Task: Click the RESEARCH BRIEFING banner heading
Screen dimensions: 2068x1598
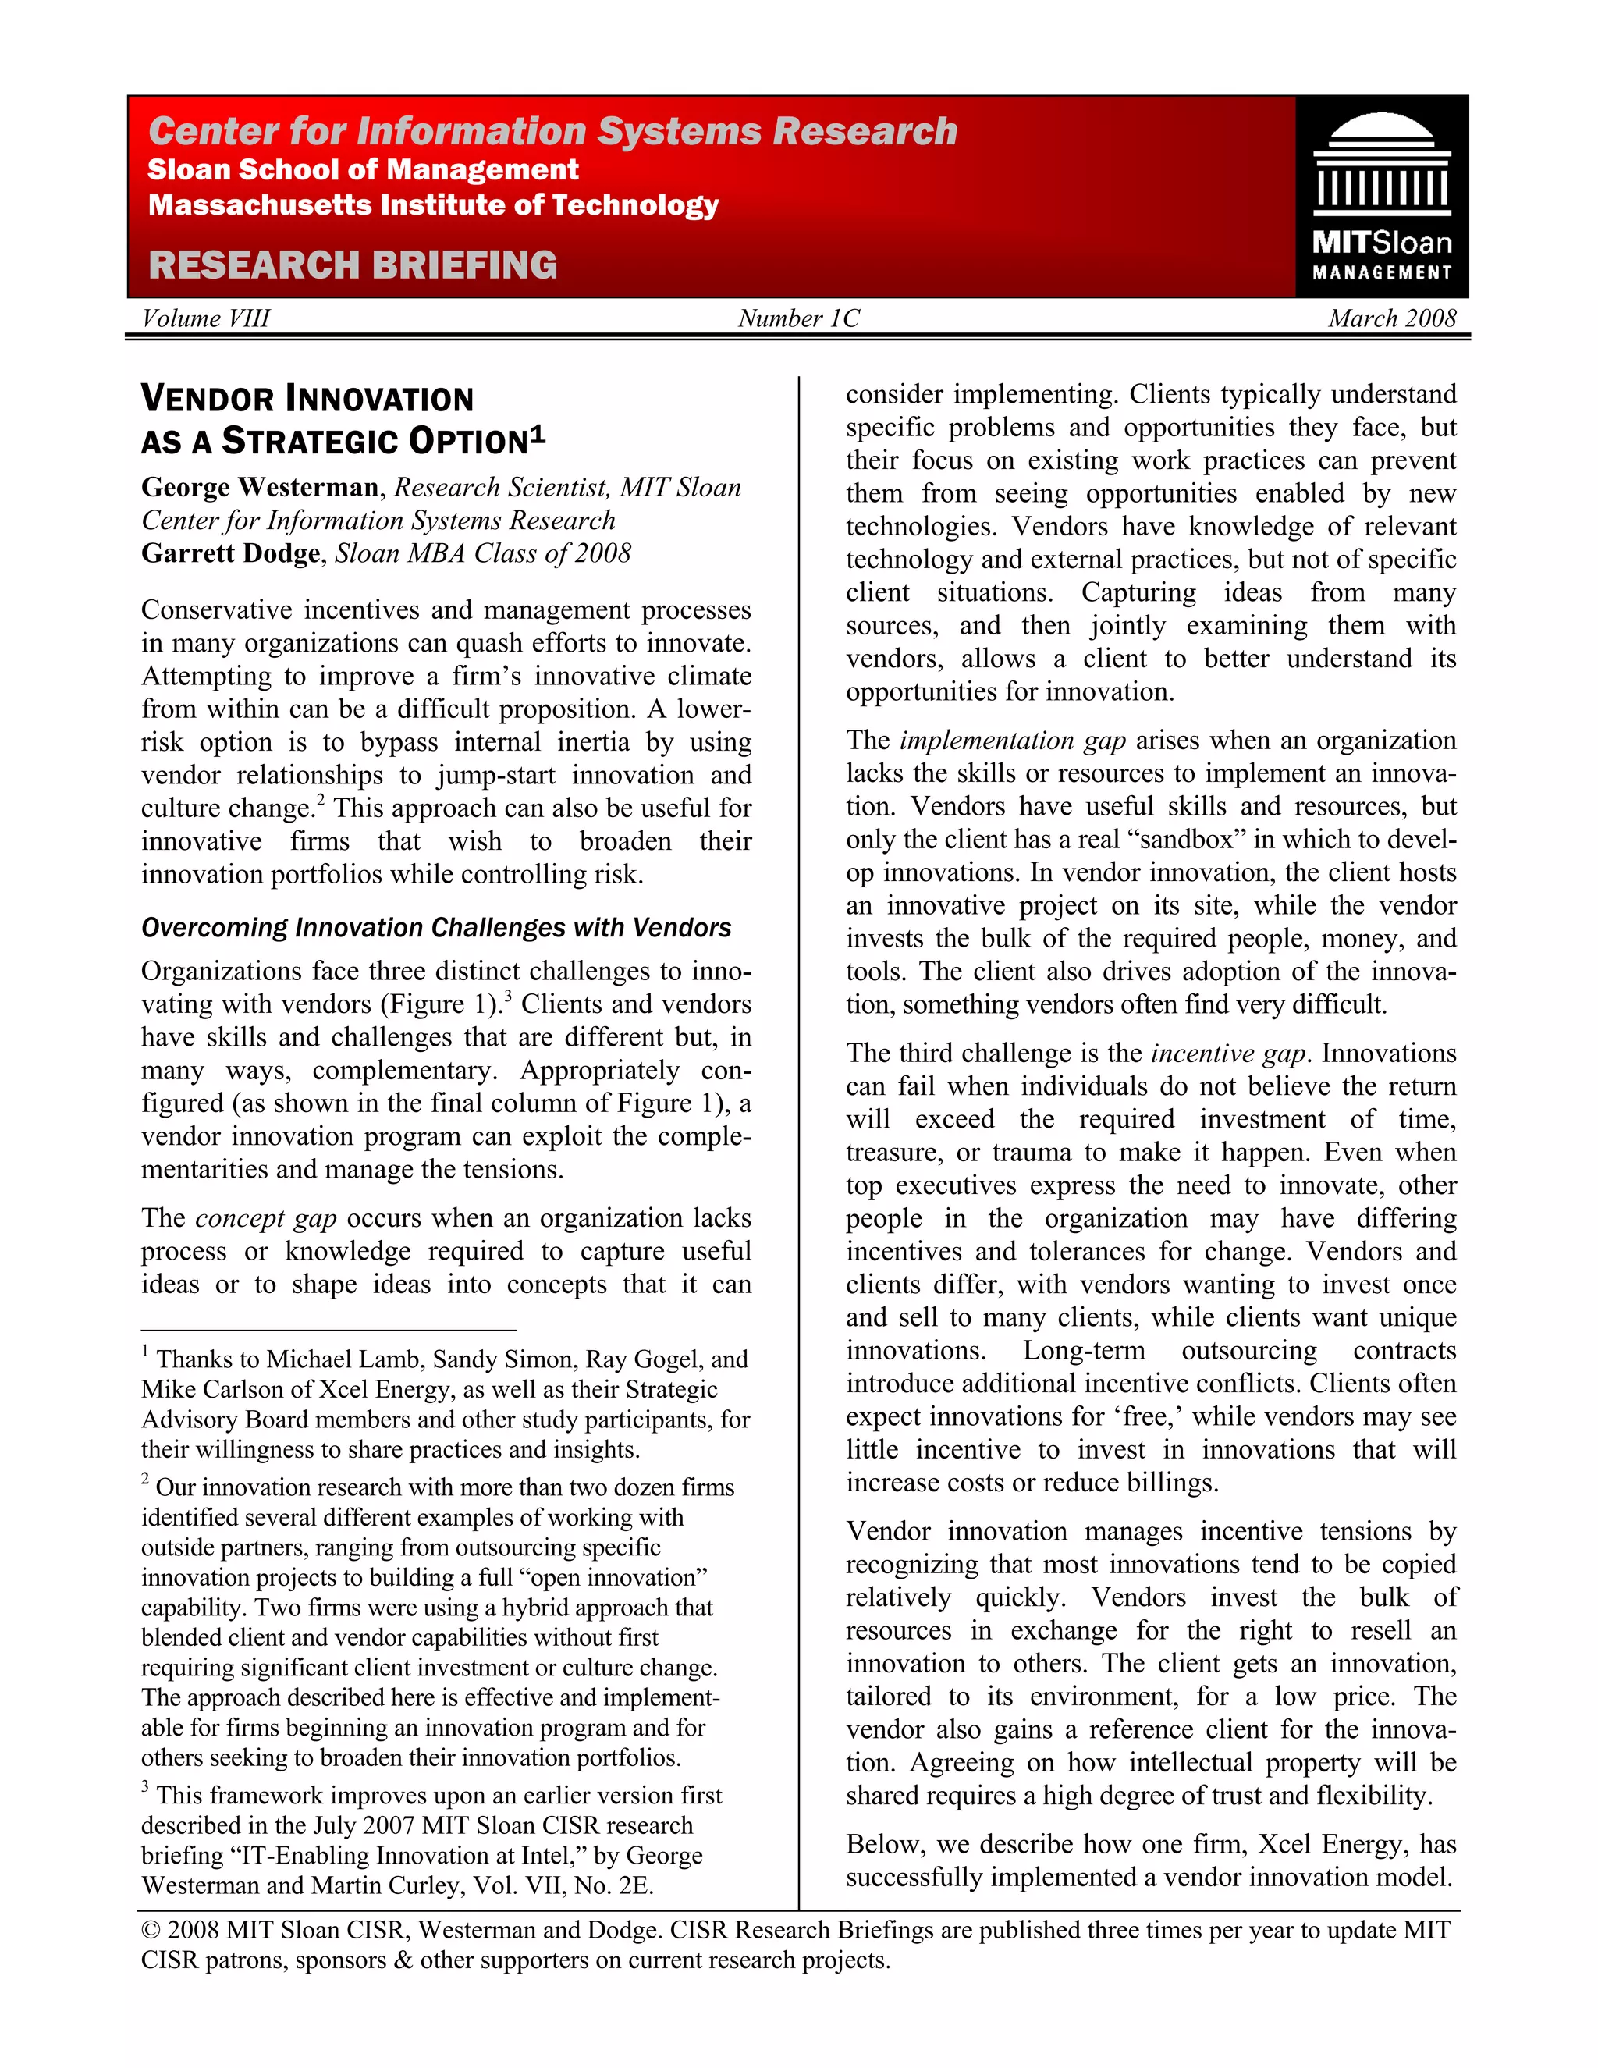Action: click(x=353, y=265)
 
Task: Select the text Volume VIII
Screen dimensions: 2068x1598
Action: click(x=205, y=318)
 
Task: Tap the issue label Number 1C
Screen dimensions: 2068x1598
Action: click(x=798, y=318)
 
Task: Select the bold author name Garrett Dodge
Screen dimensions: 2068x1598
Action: click(x=231, y=553)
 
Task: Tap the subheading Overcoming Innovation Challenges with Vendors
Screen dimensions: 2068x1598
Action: click(x=435, y=927)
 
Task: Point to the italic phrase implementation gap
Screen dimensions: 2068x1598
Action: click(x=1012, y=740)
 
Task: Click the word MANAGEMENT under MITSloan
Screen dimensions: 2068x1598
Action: click(x=1381, y=272)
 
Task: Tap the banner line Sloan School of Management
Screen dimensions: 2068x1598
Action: click(x=363, y=170)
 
